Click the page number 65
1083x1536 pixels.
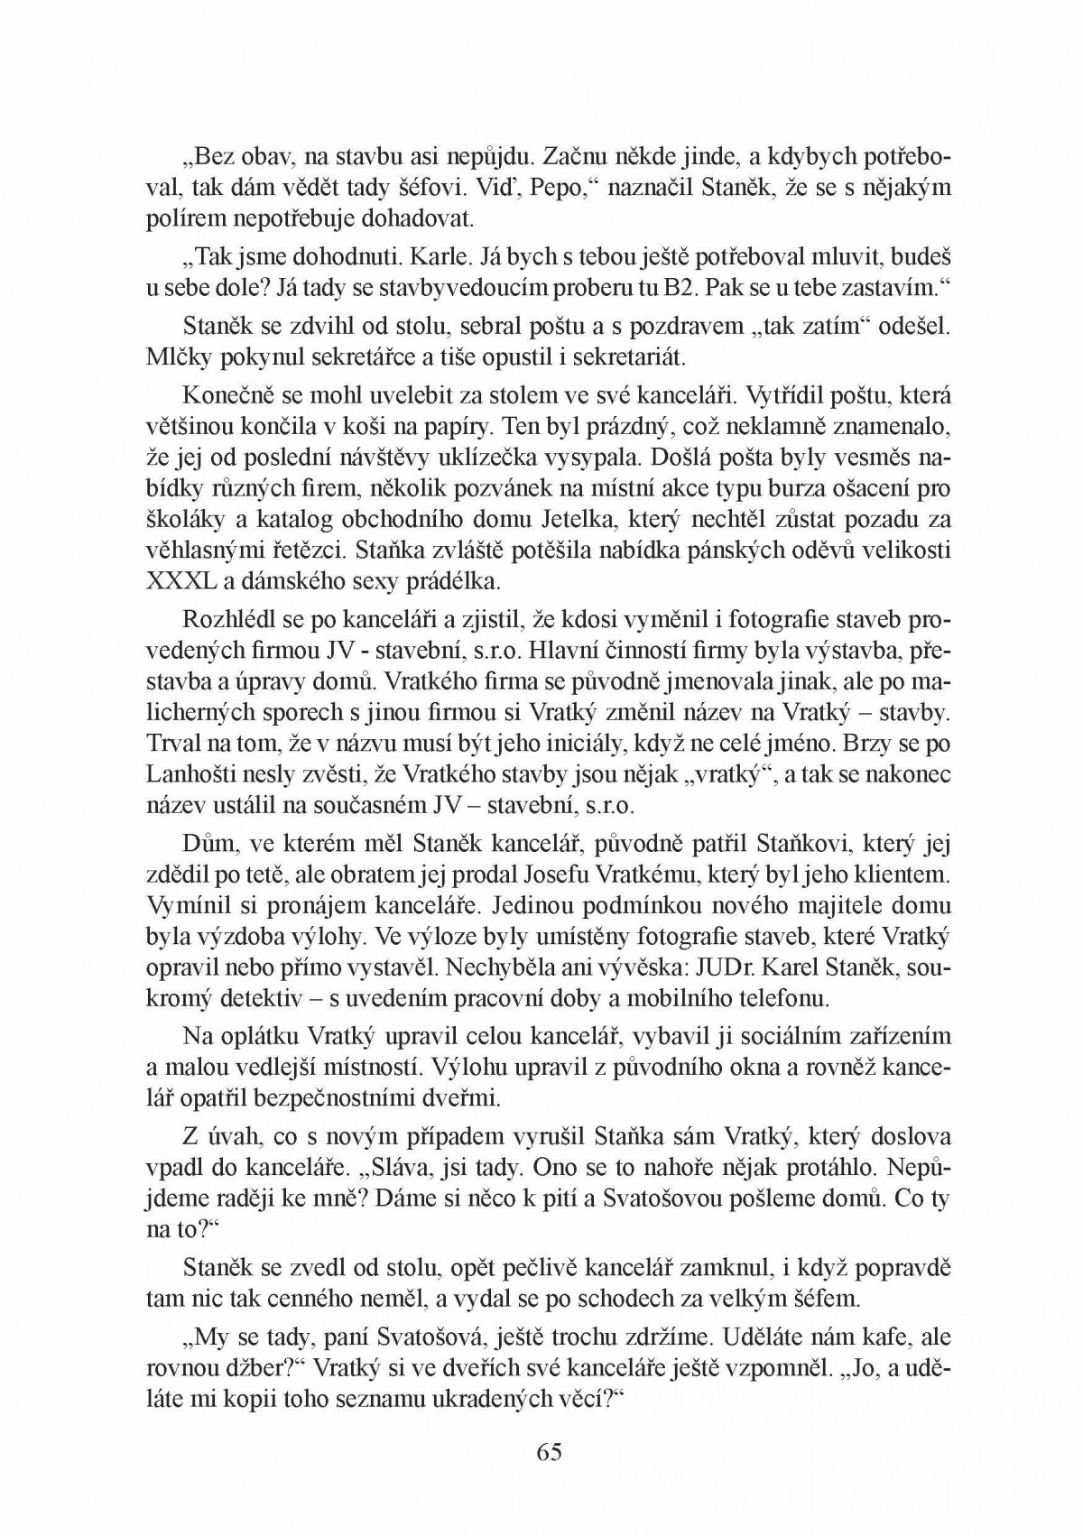[549, 1451]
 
